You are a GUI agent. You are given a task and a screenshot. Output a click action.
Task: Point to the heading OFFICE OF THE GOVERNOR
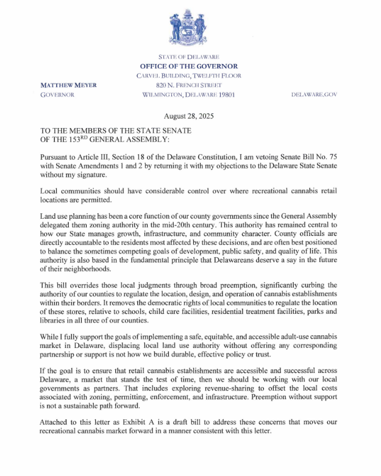189,66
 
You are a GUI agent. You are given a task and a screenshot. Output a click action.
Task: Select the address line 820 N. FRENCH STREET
189,86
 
